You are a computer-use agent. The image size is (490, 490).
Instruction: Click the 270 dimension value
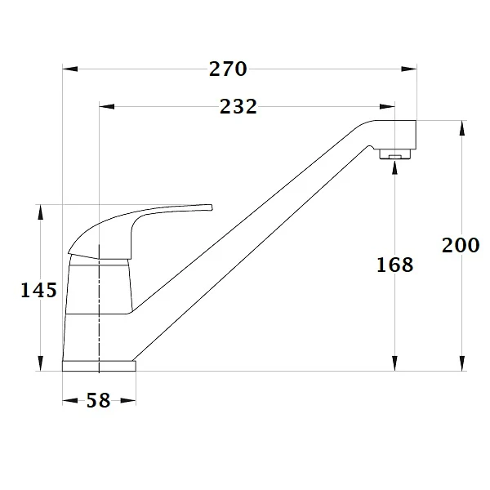[228, 69]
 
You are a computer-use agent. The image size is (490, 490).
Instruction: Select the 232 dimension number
[238, 106]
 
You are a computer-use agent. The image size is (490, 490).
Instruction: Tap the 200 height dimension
[461, 244]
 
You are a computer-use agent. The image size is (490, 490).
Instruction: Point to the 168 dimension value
[395, 265]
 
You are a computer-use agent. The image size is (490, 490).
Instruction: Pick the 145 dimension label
[38, 290]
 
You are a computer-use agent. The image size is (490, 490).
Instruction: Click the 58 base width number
[98, 400]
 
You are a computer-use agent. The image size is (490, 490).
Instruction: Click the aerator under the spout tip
[395, 154]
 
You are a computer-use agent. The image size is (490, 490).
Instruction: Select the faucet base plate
[100, 365]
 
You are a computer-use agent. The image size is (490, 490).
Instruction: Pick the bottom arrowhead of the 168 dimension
[395, 363]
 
